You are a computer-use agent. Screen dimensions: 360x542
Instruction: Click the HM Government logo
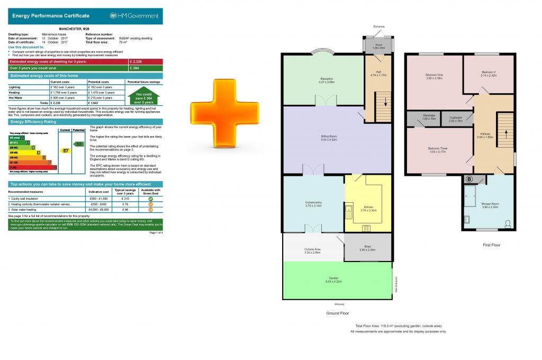(134, 16)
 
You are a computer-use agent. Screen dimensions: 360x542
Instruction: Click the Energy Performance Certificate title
(51, 16)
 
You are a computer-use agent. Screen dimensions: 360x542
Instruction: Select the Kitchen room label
(368, 209)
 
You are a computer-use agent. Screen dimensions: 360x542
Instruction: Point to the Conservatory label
(313, 204)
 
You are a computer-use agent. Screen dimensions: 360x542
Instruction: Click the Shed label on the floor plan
(367, 248)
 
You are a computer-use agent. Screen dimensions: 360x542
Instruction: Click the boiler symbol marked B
(468, 179)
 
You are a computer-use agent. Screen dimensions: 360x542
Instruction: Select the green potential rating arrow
(79, 143)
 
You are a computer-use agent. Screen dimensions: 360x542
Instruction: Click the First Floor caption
(492, 245)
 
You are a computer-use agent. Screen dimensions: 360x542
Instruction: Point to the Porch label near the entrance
(378, 46)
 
